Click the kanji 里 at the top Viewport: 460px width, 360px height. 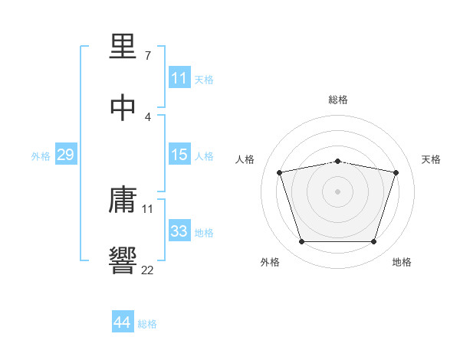[123, 48]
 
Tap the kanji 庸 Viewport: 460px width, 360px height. [123, 201]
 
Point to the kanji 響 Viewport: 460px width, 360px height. [123, 260]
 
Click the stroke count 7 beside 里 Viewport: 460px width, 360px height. [148, 57]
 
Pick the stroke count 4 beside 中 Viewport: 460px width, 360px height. [148, 116]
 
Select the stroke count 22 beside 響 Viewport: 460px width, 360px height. [148, 269]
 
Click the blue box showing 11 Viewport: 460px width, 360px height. [179, 78]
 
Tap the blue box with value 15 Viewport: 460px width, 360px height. [179, 155]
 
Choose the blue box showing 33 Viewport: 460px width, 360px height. [179, 231]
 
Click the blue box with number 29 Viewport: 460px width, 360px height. [65, 155]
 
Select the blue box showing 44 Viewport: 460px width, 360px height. [122, 322]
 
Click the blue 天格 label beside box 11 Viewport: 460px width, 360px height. [204, 79]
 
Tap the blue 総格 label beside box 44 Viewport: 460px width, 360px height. [147, 324]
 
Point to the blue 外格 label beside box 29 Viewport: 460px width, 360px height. [41, 156]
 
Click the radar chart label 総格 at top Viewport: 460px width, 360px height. [338, 100]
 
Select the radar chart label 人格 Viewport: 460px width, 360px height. [245, 159]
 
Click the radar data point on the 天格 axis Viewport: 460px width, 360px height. [396, 172]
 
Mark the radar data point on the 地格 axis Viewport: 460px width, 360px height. [373, 242]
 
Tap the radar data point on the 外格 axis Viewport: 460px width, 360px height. [301, 242]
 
